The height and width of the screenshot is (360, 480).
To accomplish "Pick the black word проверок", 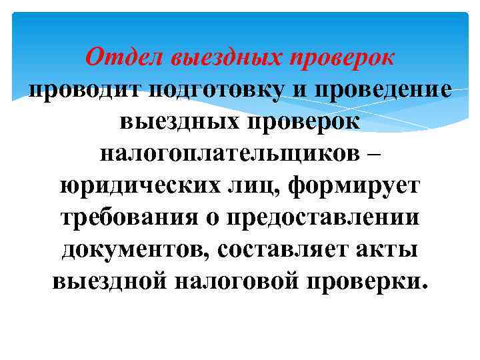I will pyautogui.click(x=304, y=122).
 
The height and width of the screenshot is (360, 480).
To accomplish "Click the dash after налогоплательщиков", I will pyautogui.click(x=373, y=153).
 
